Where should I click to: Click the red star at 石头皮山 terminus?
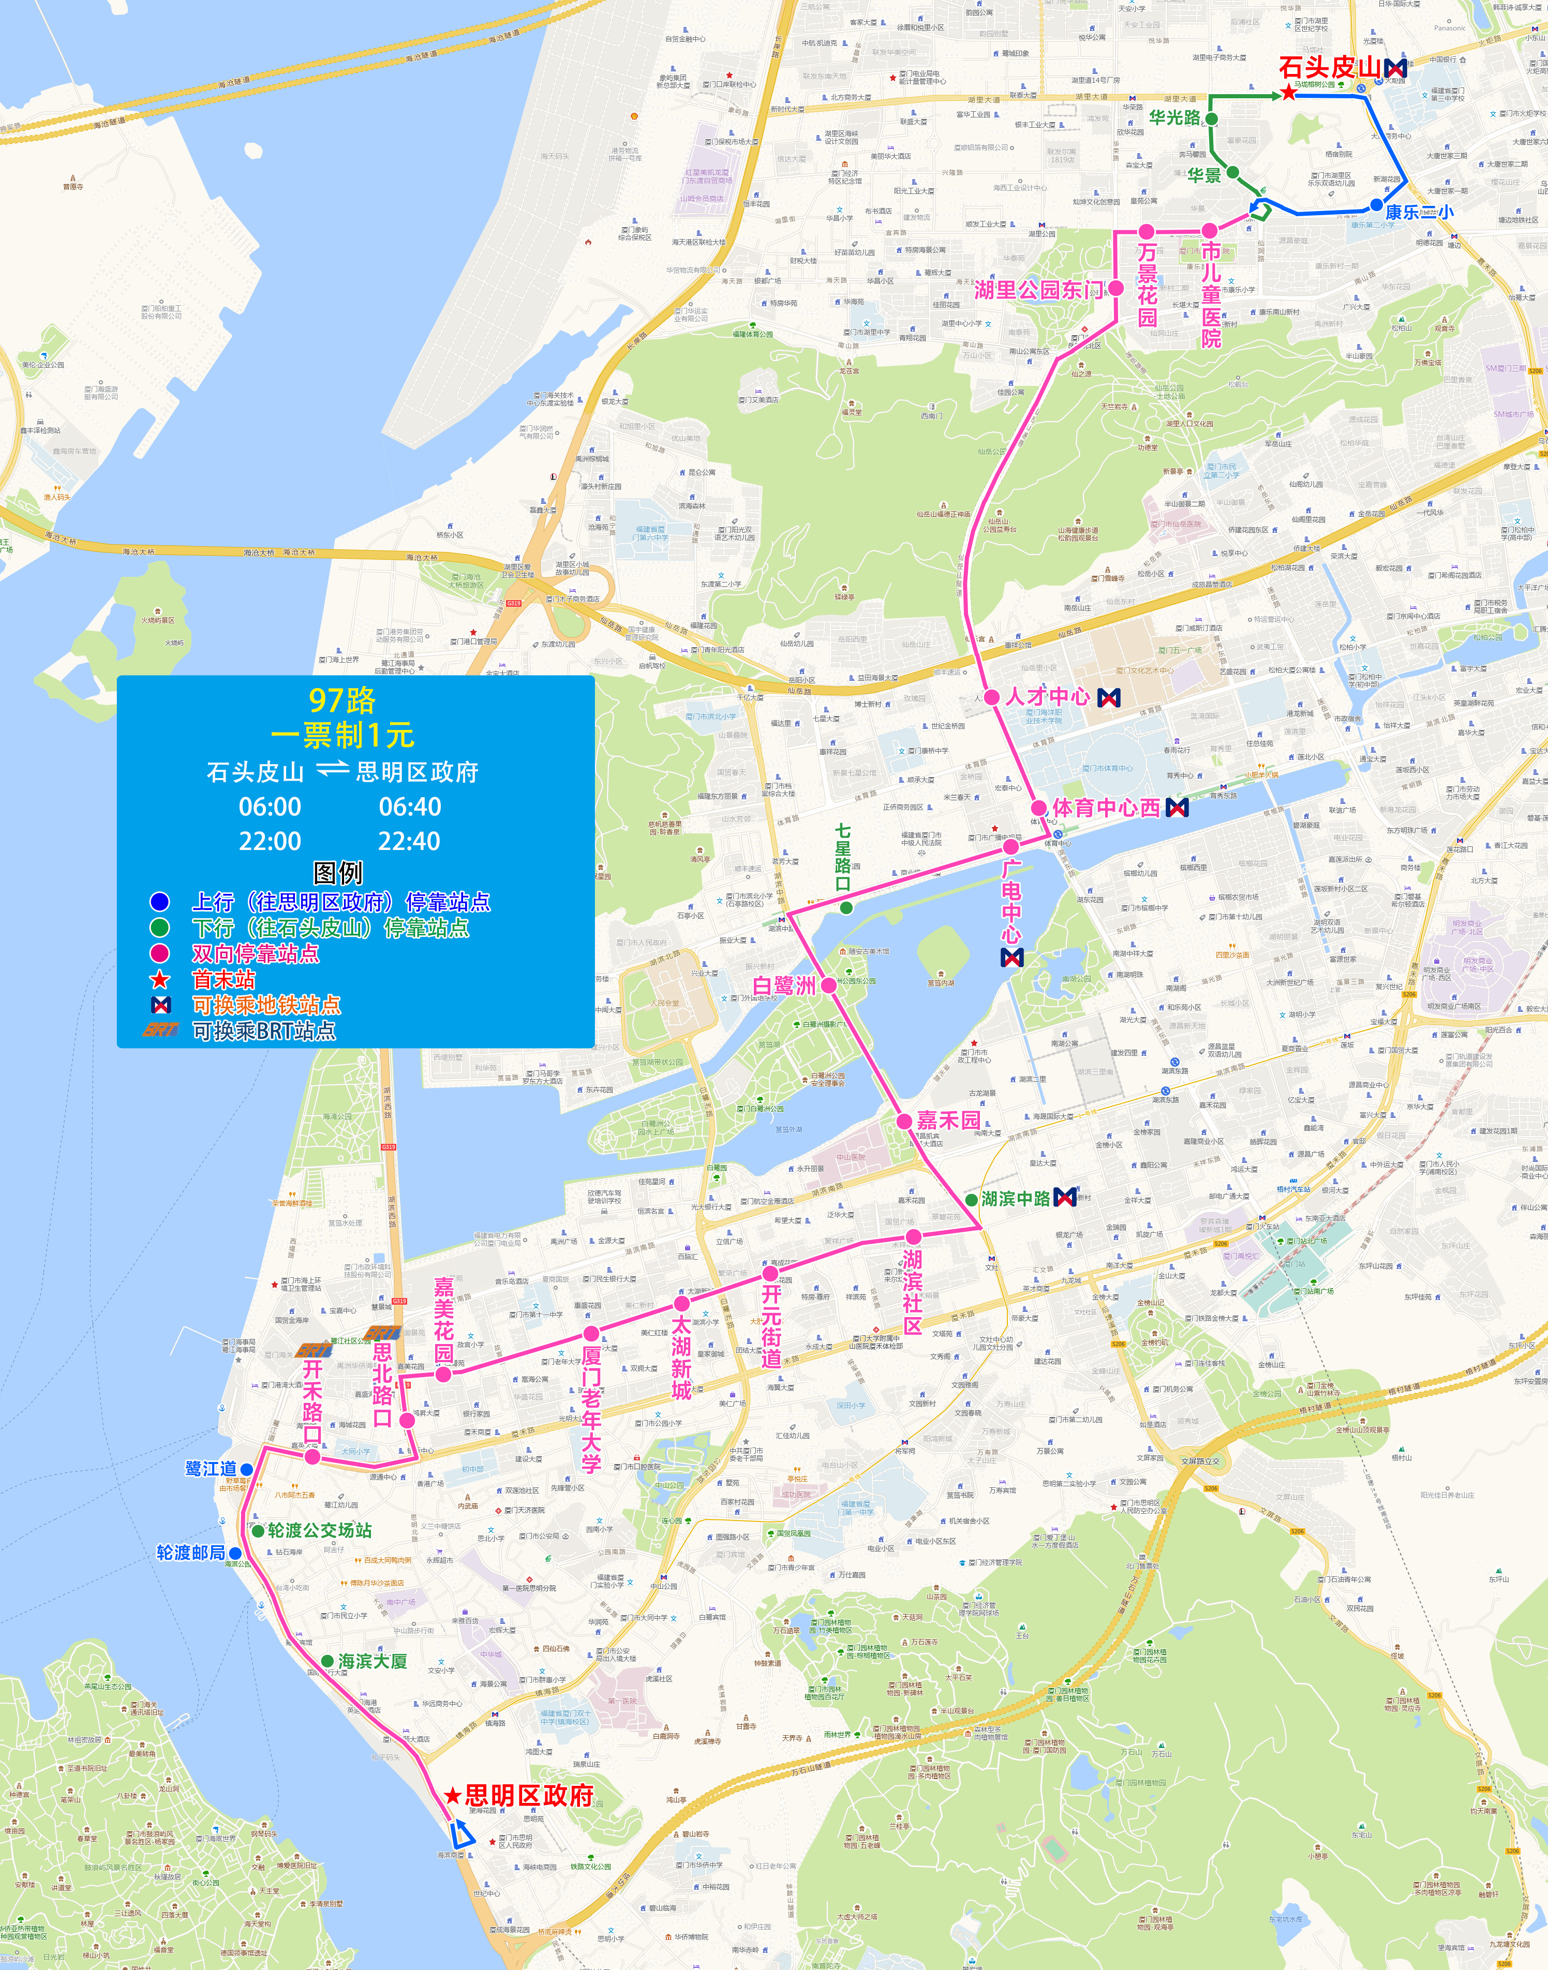(x=1288, y=93)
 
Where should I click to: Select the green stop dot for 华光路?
(x=1212, y=118)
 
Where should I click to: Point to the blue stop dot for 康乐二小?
(x=1376, y=206)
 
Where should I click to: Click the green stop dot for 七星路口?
(x=845, y=907)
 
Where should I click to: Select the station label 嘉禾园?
(x=948, y=1121)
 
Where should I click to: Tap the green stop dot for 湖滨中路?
(x=972, y=1199)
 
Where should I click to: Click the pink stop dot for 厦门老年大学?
(x=591, y=1333)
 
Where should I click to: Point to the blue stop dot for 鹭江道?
(x=246, y=1469)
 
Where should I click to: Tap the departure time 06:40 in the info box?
(x=410, y=807)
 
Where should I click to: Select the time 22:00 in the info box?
(x=270, y=841)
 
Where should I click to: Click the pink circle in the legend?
(x=159, y=953)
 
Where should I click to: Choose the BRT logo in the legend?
(x=160, y=1031)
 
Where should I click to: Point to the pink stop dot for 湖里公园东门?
(x=1117, y=288)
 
